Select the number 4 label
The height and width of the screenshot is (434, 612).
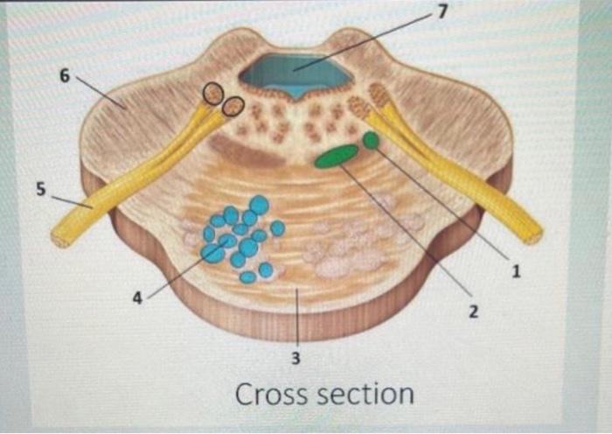click(x=137, y=297)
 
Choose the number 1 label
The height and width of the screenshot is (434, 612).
click(x=516, y=271)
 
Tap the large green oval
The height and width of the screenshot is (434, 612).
click(x=337, y=157)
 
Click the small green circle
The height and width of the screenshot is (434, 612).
click(x=372, y=140)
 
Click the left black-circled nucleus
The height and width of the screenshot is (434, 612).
click(x=212, y=93)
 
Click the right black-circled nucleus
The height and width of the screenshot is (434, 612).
click(x=233, y=106)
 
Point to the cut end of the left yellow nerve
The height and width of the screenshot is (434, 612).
click(x=60, y=237)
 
